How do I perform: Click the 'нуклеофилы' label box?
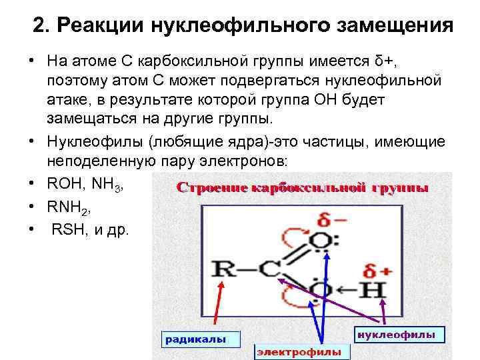[396, 333]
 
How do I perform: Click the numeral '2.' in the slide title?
[41, 27]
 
